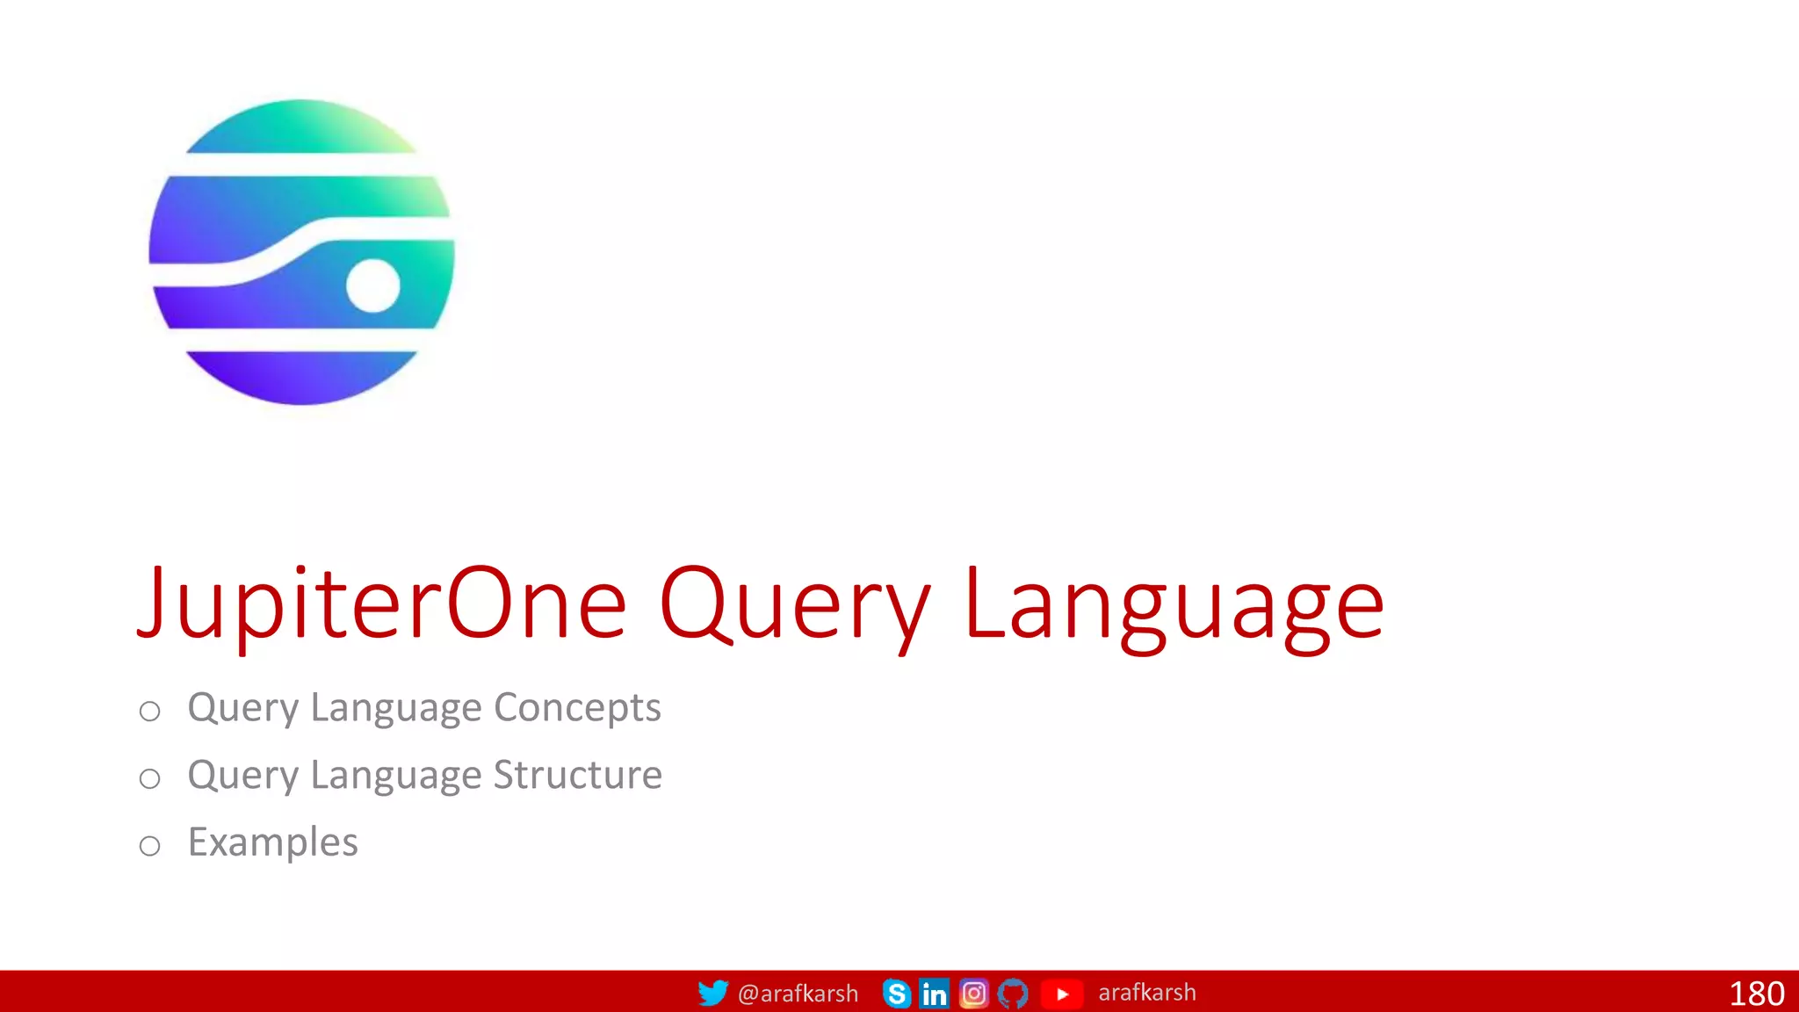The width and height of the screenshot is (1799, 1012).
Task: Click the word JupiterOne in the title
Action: coord(382,604)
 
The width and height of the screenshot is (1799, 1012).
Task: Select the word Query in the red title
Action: coord(795,604)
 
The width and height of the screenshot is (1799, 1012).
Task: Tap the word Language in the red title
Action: coord(1174,604)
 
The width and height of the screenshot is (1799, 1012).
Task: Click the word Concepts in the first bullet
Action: coord(577,707)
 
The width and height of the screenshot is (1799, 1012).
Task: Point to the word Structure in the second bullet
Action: coord(577,775)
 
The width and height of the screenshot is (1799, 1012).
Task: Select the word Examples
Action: coord(273,842)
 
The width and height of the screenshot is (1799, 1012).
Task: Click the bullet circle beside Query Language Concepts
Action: coord(150,711)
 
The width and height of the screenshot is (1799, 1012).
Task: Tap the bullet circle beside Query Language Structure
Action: coord(150,778)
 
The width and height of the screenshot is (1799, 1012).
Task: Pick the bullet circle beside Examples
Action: coord(150,846)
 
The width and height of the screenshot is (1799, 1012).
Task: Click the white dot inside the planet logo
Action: coord(373,286)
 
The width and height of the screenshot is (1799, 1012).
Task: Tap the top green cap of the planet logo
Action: coord(301,128)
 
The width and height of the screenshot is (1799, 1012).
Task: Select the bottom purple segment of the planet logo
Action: coord(301,377)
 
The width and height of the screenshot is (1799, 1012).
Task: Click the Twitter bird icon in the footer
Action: coord(712,993)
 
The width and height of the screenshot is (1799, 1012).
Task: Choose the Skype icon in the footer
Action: coord(896,994)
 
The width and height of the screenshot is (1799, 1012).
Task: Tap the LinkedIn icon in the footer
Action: coord(934,994)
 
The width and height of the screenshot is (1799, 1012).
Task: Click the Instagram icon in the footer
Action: coord(973,994)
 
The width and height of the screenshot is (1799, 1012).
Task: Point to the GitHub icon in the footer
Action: coord(1013,994)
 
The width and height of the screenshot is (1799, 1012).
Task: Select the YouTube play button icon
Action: coord(1062,994)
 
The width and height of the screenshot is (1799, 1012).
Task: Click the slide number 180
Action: coord(1756,994)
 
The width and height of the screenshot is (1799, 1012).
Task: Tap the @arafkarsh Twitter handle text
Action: coord(798,994)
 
